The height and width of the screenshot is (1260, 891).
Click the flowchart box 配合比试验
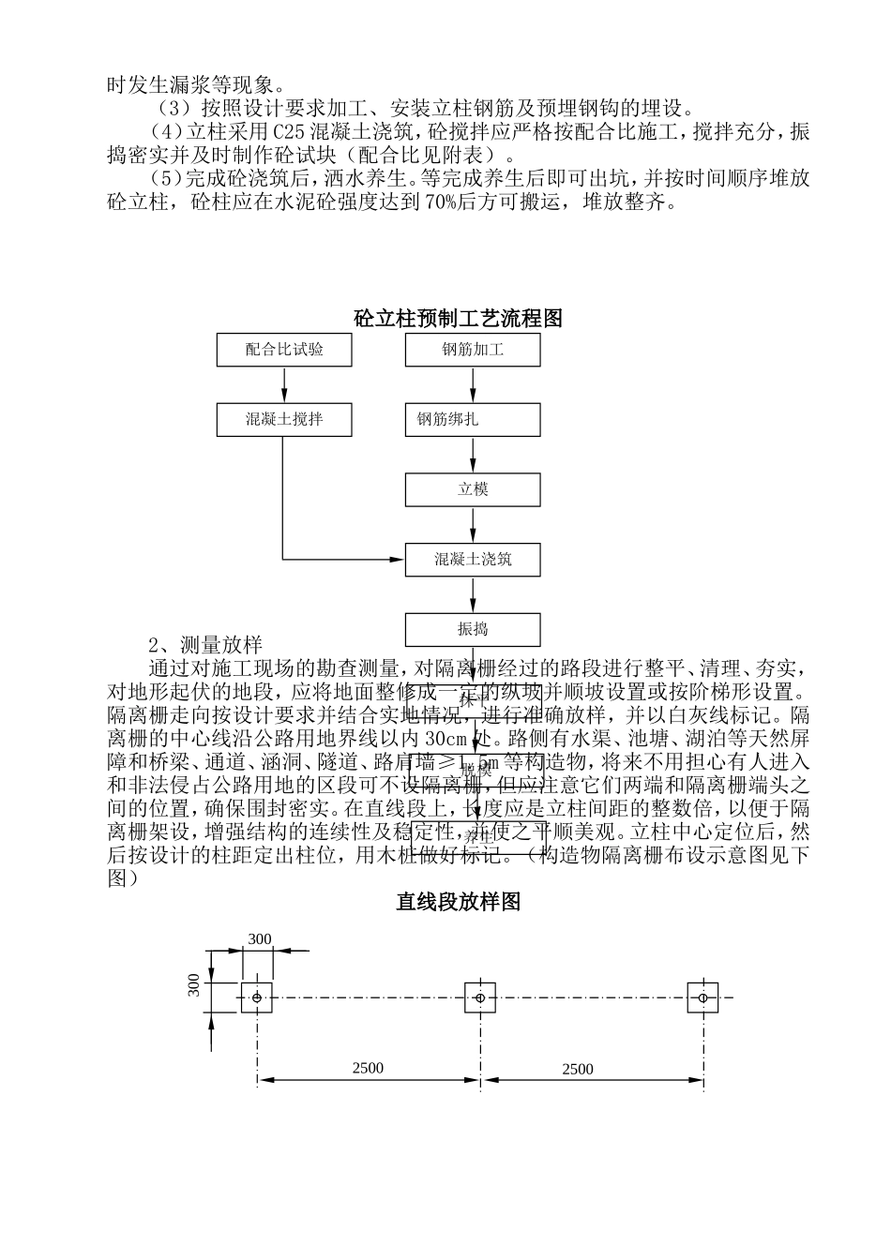tap(284, 350)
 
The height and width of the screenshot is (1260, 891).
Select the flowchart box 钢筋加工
tap(473, 350)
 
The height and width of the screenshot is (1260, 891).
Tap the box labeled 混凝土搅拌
tap(284, 419)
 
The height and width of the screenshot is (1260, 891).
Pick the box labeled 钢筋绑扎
tap(473, 419)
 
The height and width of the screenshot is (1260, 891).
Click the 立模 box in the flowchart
tap(473, 489)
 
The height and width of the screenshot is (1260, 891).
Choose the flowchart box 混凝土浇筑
tap(473, 560)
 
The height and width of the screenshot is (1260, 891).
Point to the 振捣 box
tap(473, 629)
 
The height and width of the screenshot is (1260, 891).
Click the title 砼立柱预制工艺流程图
tap(458, 318)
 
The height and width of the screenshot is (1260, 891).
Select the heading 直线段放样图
tap(458, 902)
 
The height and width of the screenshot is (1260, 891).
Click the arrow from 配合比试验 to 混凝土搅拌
tap(284, 384)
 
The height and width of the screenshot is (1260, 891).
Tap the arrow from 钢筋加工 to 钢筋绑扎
tap(473, 384)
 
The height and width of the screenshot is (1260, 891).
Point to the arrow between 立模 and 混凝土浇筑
tap(473, 525)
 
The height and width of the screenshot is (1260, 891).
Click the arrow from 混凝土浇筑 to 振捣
tap(473, 594)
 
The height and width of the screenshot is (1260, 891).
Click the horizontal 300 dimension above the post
tap(259, 939)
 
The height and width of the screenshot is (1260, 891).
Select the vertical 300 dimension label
tap(194, 985)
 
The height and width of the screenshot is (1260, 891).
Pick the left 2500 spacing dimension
tap(368, 1068)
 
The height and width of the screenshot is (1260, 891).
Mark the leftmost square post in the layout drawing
tap(257, 997)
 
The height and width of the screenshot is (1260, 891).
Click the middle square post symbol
tap(479, 997)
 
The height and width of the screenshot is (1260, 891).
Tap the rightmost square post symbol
tap(702, 997)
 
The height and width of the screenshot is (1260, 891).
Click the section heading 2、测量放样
tap(205, 645)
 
